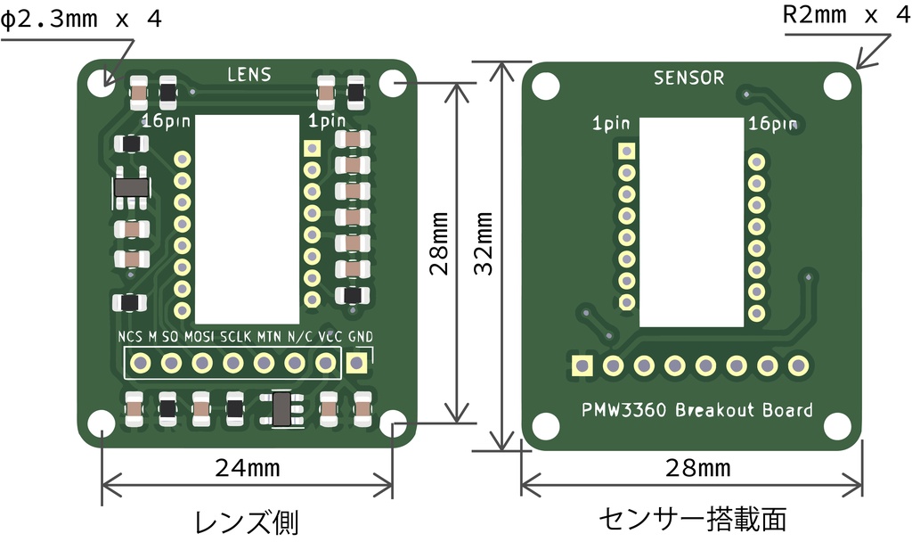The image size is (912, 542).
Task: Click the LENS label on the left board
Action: [248, 75]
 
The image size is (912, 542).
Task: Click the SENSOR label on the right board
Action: [688, 78]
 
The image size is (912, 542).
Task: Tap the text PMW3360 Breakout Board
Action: [696, 410]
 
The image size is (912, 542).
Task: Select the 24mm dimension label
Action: [248, 466]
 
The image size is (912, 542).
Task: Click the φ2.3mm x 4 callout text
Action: [81, 20]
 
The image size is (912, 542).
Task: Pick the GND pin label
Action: [361, 337]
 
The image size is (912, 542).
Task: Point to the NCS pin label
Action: [129, 337]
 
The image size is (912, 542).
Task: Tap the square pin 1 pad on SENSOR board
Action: [627, 152]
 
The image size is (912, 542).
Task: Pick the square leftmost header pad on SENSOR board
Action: [582, 365]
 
